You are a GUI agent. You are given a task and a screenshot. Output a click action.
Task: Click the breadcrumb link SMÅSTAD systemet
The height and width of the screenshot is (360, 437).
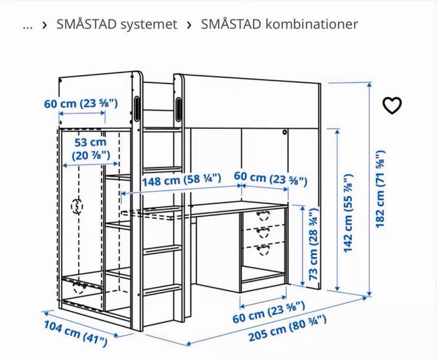[117, 24]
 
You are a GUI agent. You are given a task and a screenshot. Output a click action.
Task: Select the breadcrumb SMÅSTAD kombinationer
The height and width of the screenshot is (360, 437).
[279, 24]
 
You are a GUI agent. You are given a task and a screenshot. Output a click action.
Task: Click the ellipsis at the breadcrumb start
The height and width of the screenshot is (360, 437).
[28, 27]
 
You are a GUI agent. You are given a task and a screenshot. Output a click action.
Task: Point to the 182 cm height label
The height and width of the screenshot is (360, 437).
[381, 189]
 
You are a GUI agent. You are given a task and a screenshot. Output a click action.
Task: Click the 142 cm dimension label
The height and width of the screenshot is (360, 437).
[348, 213]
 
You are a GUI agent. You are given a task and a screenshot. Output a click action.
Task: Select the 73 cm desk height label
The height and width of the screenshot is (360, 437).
[314, 244]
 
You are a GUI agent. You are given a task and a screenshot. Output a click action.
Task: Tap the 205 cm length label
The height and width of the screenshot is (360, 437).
[287, 329]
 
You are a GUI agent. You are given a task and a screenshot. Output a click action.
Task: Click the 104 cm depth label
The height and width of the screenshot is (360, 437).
[76, 333]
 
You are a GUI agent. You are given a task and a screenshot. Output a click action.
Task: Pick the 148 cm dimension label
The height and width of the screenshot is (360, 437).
[182, 180]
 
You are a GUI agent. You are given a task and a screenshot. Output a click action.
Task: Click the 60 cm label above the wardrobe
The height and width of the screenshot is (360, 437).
[81, 104]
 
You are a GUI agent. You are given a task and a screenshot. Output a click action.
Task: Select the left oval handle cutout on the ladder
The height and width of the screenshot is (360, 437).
[137, 109]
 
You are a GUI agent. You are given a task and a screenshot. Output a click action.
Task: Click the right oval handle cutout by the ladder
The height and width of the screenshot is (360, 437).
[178, 109]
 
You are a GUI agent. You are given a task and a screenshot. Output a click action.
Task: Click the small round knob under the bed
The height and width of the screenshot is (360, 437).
[285, 132]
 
